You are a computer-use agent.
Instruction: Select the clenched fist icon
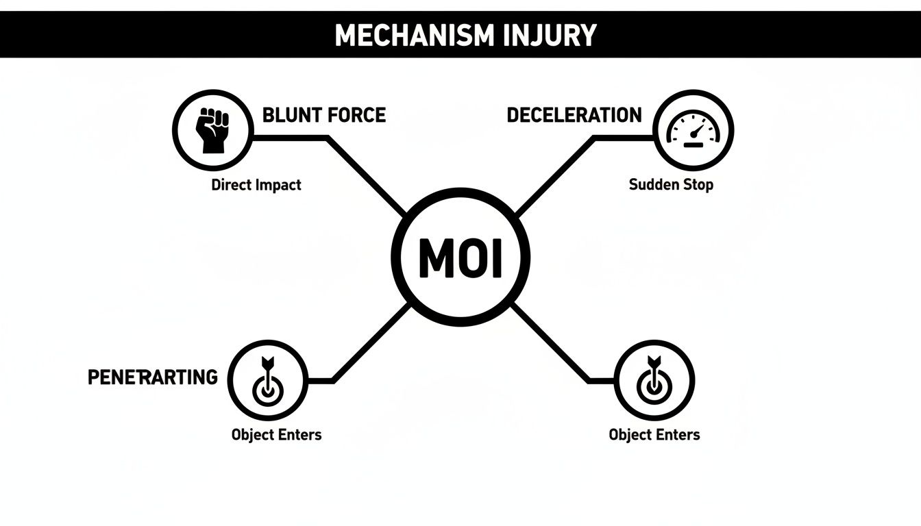click(x=212, y=129)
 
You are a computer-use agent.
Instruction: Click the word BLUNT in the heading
click(x=291, y=115)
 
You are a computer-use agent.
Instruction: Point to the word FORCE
click(x=356, y=115)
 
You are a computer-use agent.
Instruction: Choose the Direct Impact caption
click(x=256, y=185)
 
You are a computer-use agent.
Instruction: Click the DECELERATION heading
click(x=574, y=115)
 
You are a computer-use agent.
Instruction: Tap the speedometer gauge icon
click(x=693, y=129)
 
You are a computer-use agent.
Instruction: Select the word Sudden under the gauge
click(x=654, y=185)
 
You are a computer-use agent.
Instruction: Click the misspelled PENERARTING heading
click(x=153, y=377)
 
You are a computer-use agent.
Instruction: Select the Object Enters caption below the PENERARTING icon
click(x=276, y=434)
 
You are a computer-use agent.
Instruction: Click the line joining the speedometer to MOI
click(x=555, y=173)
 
